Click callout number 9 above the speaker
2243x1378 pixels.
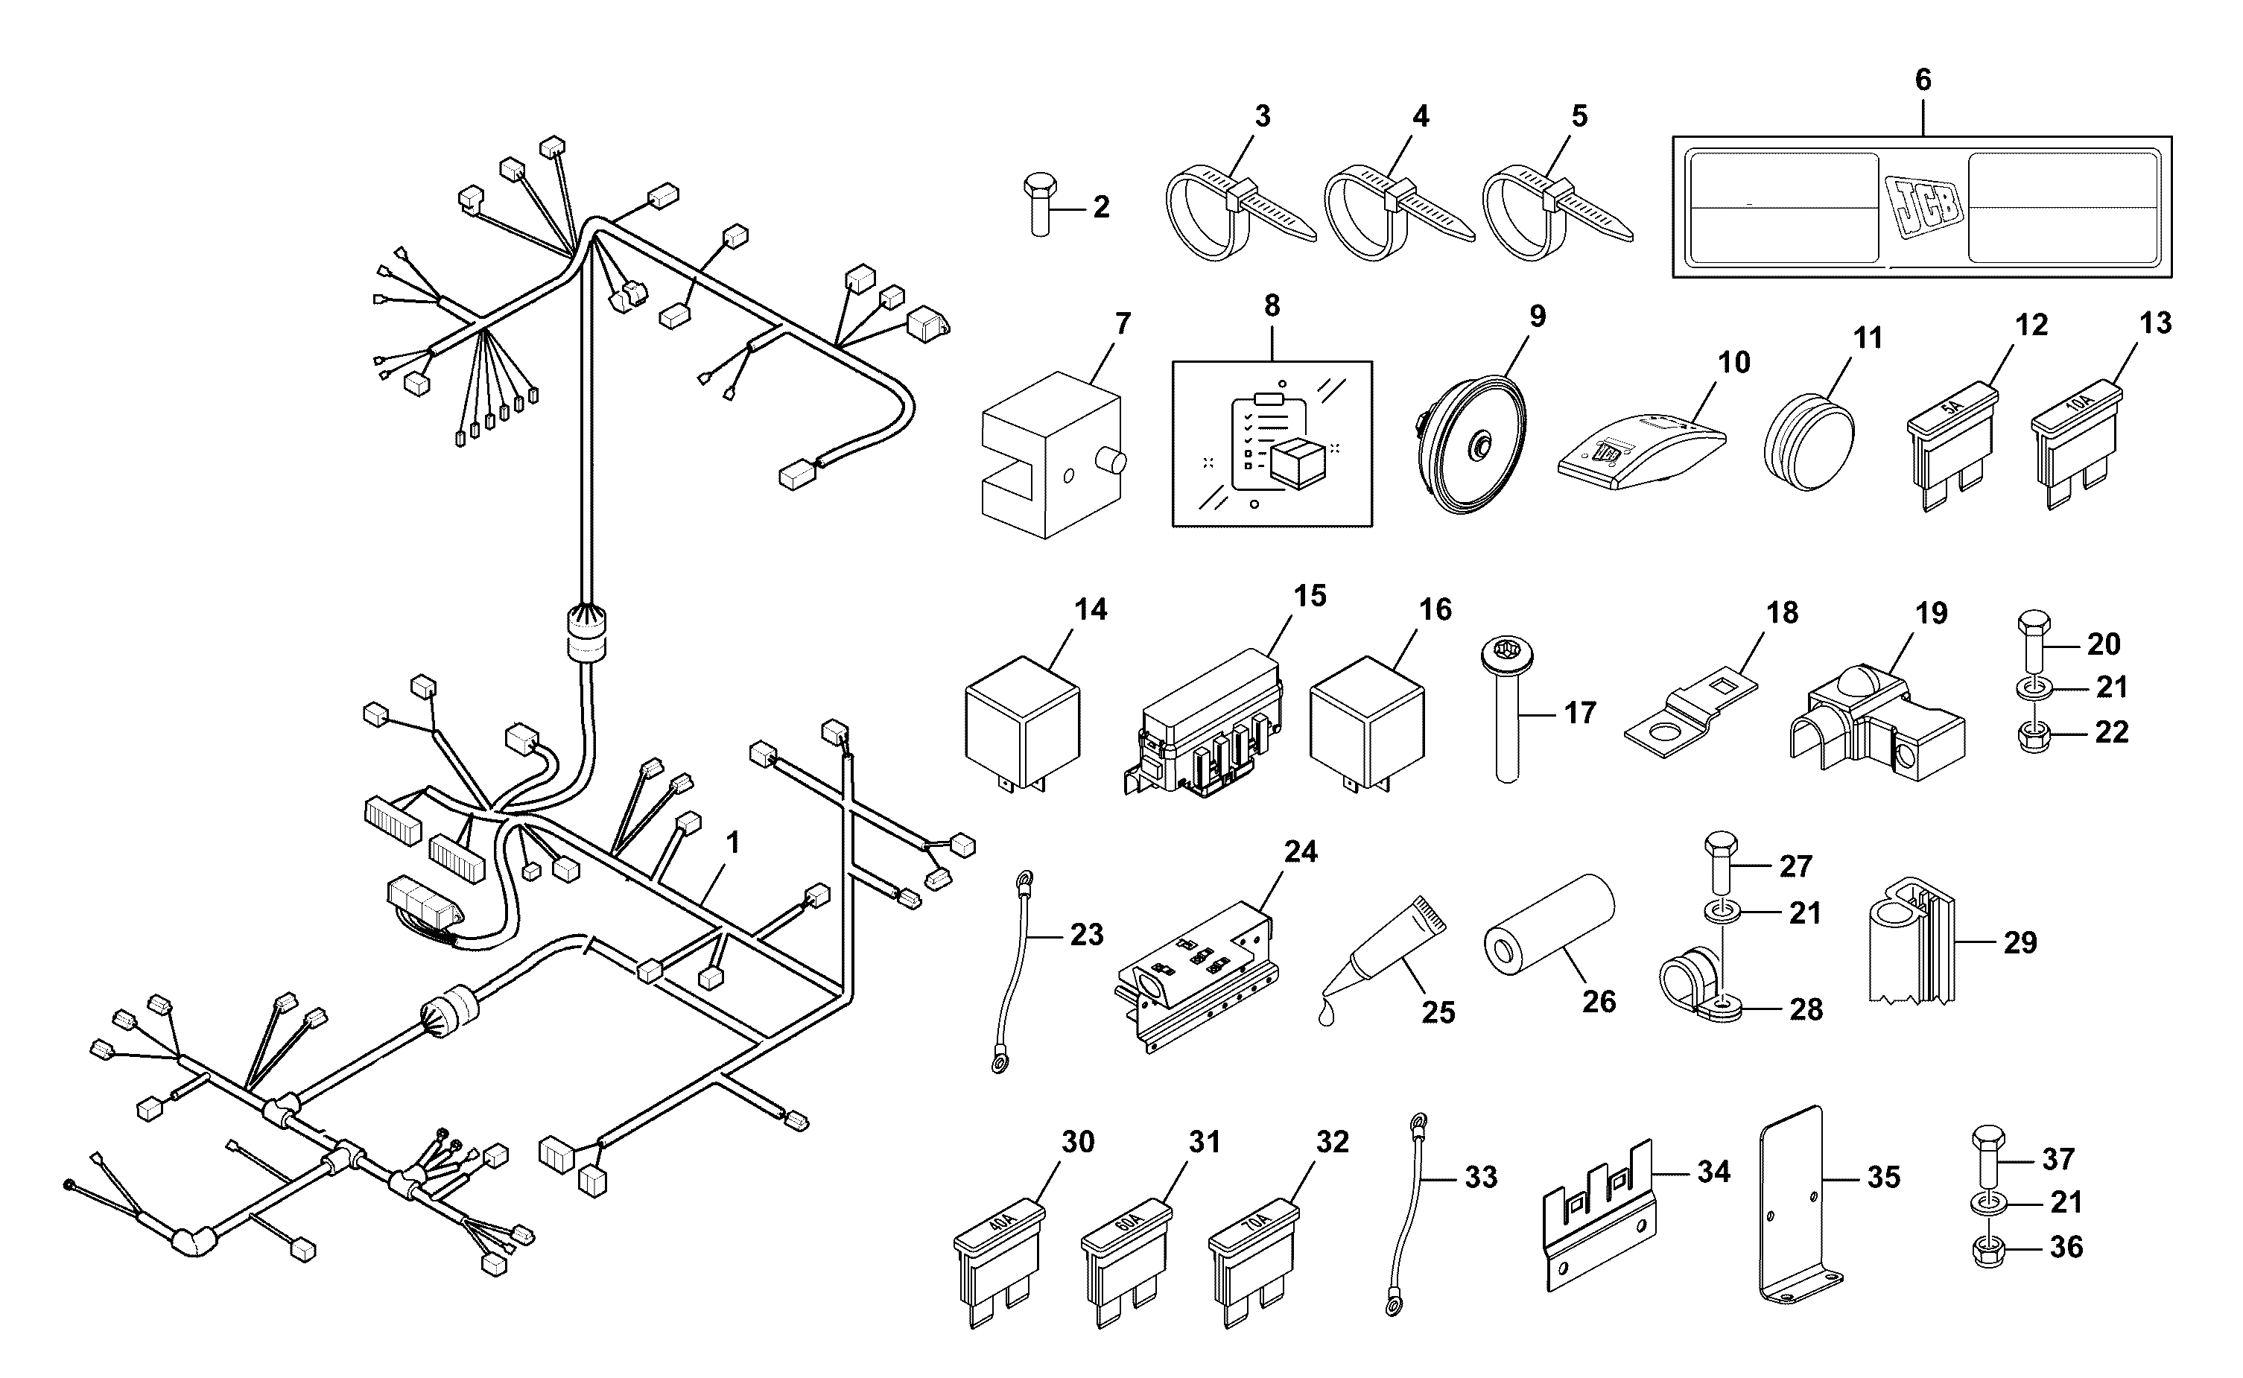tap(1538, 317)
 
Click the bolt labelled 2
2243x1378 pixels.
tap(1040, 204)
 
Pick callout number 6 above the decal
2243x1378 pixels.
tap(1923, 80)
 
